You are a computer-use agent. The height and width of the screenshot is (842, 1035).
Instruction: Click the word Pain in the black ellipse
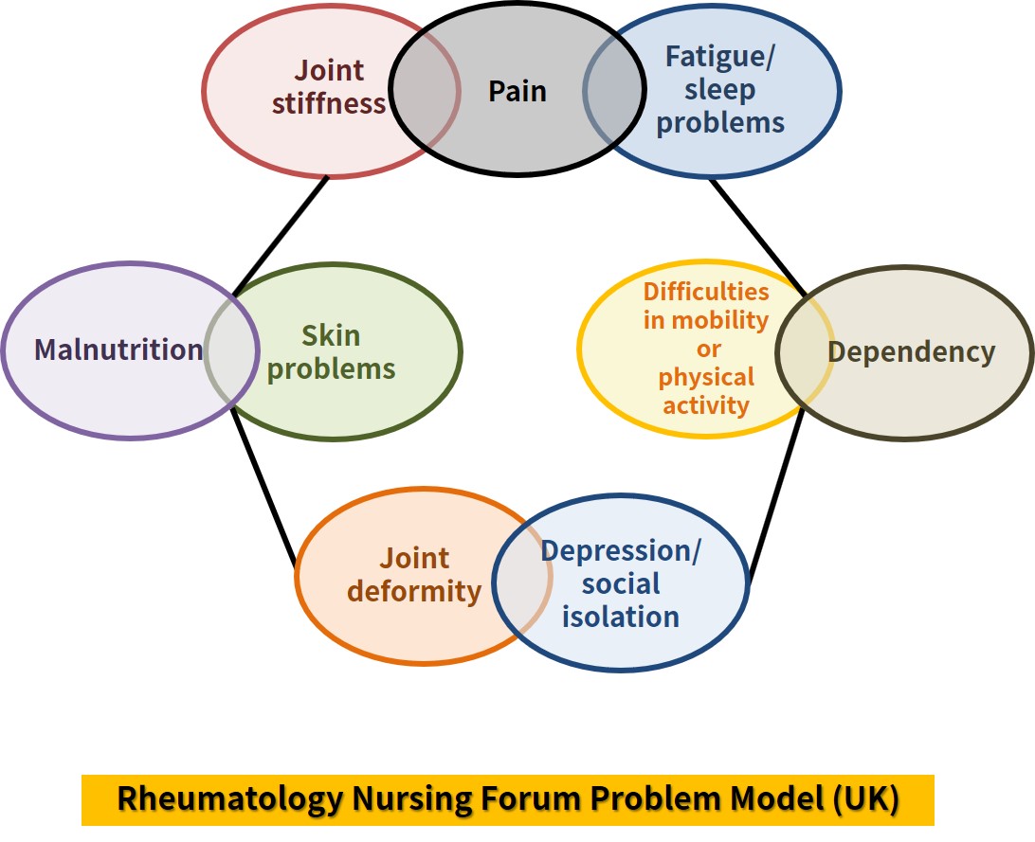517,91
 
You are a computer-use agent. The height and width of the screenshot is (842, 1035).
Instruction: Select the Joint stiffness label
329,86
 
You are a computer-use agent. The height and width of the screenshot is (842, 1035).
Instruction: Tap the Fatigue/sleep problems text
720,90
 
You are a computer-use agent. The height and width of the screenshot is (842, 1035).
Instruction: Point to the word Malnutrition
118,349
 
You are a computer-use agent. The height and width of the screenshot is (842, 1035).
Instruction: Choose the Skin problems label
331,351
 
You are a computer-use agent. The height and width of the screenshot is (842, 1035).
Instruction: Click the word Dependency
911,351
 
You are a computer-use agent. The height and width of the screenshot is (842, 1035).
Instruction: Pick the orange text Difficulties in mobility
706,306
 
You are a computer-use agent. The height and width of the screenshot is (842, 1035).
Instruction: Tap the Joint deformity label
414,575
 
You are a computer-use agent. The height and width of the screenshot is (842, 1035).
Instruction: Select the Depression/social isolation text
621,583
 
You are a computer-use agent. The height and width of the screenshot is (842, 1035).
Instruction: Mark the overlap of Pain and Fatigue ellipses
615,91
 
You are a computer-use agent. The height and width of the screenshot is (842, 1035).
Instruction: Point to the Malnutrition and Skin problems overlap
232,350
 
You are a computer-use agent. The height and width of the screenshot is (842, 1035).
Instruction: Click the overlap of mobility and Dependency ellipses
804,351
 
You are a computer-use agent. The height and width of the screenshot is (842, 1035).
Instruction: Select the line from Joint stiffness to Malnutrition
281,236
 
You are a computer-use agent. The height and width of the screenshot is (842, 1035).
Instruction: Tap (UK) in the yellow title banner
864,799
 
